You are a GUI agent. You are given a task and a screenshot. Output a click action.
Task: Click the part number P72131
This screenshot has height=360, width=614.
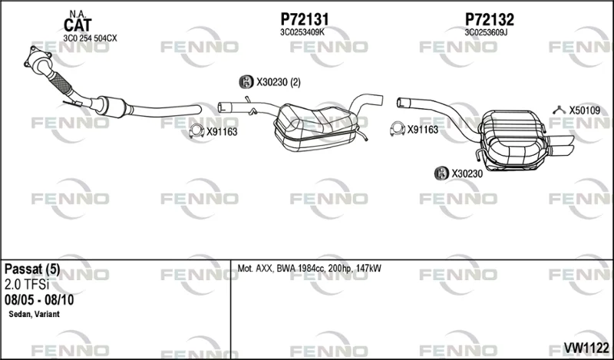[x=304, y=19]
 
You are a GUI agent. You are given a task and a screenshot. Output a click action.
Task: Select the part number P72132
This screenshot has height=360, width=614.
[x=490, y=19]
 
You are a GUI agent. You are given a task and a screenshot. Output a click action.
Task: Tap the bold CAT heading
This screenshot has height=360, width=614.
[x=78, y=25]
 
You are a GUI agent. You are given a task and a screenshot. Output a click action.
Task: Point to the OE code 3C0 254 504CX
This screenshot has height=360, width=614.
[x=90, y=38]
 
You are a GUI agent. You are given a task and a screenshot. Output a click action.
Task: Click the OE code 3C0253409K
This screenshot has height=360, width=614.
[x=302, y=32]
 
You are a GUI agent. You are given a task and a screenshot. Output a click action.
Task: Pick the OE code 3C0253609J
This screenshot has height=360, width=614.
[x=486, y=32]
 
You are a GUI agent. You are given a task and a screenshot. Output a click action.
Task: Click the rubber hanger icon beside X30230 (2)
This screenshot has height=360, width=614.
[x=246, y=81]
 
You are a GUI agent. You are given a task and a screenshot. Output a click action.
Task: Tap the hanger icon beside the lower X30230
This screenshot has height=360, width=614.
[x=441, y=173]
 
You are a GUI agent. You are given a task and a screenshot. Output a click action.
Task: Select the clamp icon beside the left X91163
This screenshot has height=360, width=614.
[x=196, y=130]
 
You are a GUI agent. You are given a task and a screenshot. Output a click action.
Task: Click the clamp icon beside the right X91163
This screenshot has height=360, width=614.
[x=398, y=129]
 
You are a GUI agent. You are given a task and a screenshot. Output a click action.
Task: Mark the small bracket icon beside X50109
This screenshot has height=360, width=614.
[x=560, y=110]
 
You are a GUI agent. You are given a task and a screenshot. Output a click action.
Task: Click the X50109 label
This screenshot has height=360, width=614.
[x=585, y=111]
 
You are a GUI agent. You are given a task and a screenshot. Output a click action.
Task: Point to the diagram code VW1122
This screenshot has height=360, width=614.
[x=586, y=347]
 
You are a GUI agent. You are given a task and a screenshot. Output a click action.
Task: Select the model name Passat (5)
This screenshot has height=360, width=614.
[x=32, y=269]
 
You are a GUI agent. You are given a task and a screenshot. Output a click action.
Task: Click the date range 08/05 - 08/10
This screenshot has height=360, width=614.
[x=39, y=300]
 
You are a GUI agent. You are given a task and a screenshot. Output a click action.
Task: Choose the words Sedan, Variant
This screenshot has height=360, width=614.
[x=34, y=314]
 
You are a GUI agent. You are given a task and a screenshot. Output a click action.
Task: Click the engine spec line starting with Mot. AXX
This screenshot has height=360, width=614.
[x=309, y=269]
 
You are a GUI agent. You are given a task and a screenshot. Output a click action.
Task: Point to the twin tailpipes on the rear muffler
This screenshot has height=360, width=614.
[x=562, y=145]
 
